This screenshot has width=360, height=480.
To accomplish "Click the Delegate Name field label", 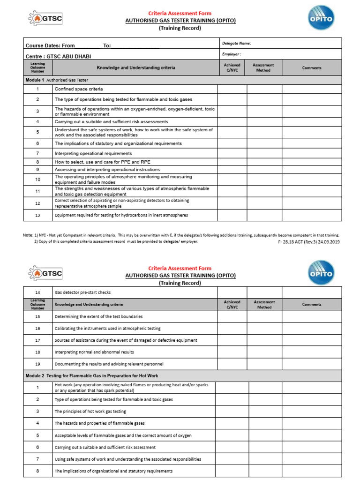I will coord(236,43).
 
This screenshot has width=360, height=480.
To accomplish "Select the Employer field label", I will coord(232,54).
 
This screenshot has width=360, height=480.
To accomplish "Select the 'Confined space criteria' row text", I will coord(79,89).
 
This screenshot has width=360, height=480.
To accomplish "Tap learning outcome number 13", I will coord(37,215).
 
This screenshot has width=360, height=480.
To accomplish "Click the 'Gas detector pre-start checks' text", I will coord(82,292).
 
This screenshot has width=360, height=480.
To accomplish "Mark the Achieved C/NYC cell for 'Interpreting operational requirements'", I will coord(232,154).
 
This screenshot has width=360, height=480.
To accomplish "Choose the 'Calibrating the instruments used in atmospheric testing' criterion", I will coord(107,329).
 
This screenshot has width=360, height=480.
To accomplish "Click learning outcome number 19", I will coord(37,364).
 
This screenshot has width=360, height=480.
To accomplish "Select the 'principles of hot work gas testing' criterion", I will coord(90,412).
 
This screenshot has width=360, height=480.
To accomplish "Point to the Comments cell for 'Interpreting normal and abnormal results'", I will coord(312,352).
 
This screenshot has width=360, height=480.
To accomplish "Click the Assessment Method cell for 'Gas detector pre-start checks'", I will coord(264,292).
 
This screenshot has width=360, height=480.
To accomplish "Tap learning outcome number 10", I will coord(37,180).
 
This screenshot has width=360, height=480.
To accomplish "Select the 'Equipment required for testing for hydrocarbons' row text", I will coord(121,215).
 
